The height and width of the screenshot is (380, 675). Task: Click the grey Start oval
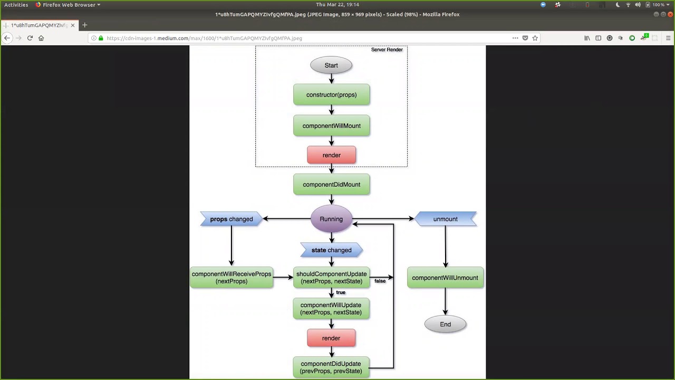click(331, 65)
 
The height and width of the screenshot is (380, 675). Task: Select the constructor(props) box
click(331, 95)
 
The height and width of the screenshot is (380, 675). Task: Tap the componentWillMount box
click(331, 126)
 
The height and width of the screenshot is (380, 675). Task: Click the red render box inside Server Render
click(331, 155)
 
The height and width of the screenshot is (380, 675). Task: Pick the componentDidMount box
click(331, 185)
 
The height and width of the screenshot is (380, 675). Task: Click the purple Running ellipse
click(331, 219)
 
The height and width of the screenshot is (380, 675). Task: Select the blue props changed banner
click(231, 219)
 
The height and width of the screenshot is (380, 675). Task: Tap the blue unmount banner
click(446, 219)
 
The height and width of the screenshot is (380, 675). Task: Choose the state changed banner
click(331, 250)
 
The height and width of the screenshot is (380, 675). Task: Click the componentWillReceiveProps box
click(231, 278)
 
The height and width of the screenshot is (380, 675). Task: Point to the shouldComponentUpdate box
click(331, 278)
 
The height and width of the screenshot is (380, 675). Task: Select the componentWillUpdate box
click(331, 309)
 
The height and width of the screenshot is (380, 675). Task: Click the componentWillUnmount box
click(445, 278)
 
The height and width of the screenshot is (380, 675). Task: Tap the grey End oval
click(445, 325)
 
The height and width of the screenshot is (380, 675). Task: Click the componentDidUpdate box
click(331, 367)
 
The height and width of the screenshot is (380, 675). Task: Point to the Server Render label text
click(387, 50)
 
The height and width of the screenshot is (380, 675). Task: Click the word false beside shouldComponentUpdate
click(380, 281)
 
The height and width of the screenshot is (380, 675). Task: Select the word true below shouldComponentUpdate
click(341, 292)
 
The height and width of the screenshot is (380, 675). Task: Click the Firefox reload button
click(30, 38)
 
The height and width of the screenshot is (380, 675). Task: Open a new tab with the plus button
click(84, 25)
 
